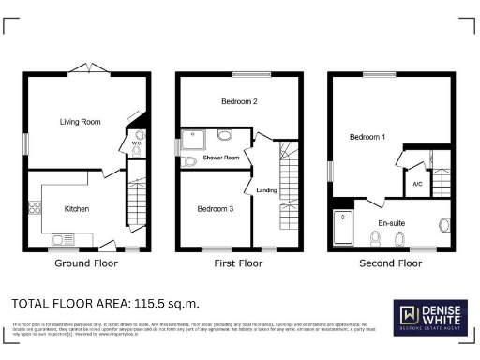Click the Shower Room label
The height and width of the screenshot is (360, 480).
(222, 157)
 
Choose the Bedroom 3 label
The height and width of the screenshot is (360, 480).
(216, 208)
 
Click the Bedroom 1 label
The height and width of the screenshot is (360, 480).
(368, 137)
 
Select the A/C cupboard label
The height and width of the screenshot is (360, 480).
(417, 184)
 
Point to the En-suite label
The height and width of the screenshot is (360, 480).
(391, 222)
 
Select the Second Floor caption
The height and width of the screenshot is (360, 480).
(391, 264)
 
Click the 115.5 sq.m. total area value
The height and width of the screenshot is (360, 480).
(167, 304)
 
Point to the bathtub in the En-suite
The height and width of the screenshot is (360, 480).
(345, 229)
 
